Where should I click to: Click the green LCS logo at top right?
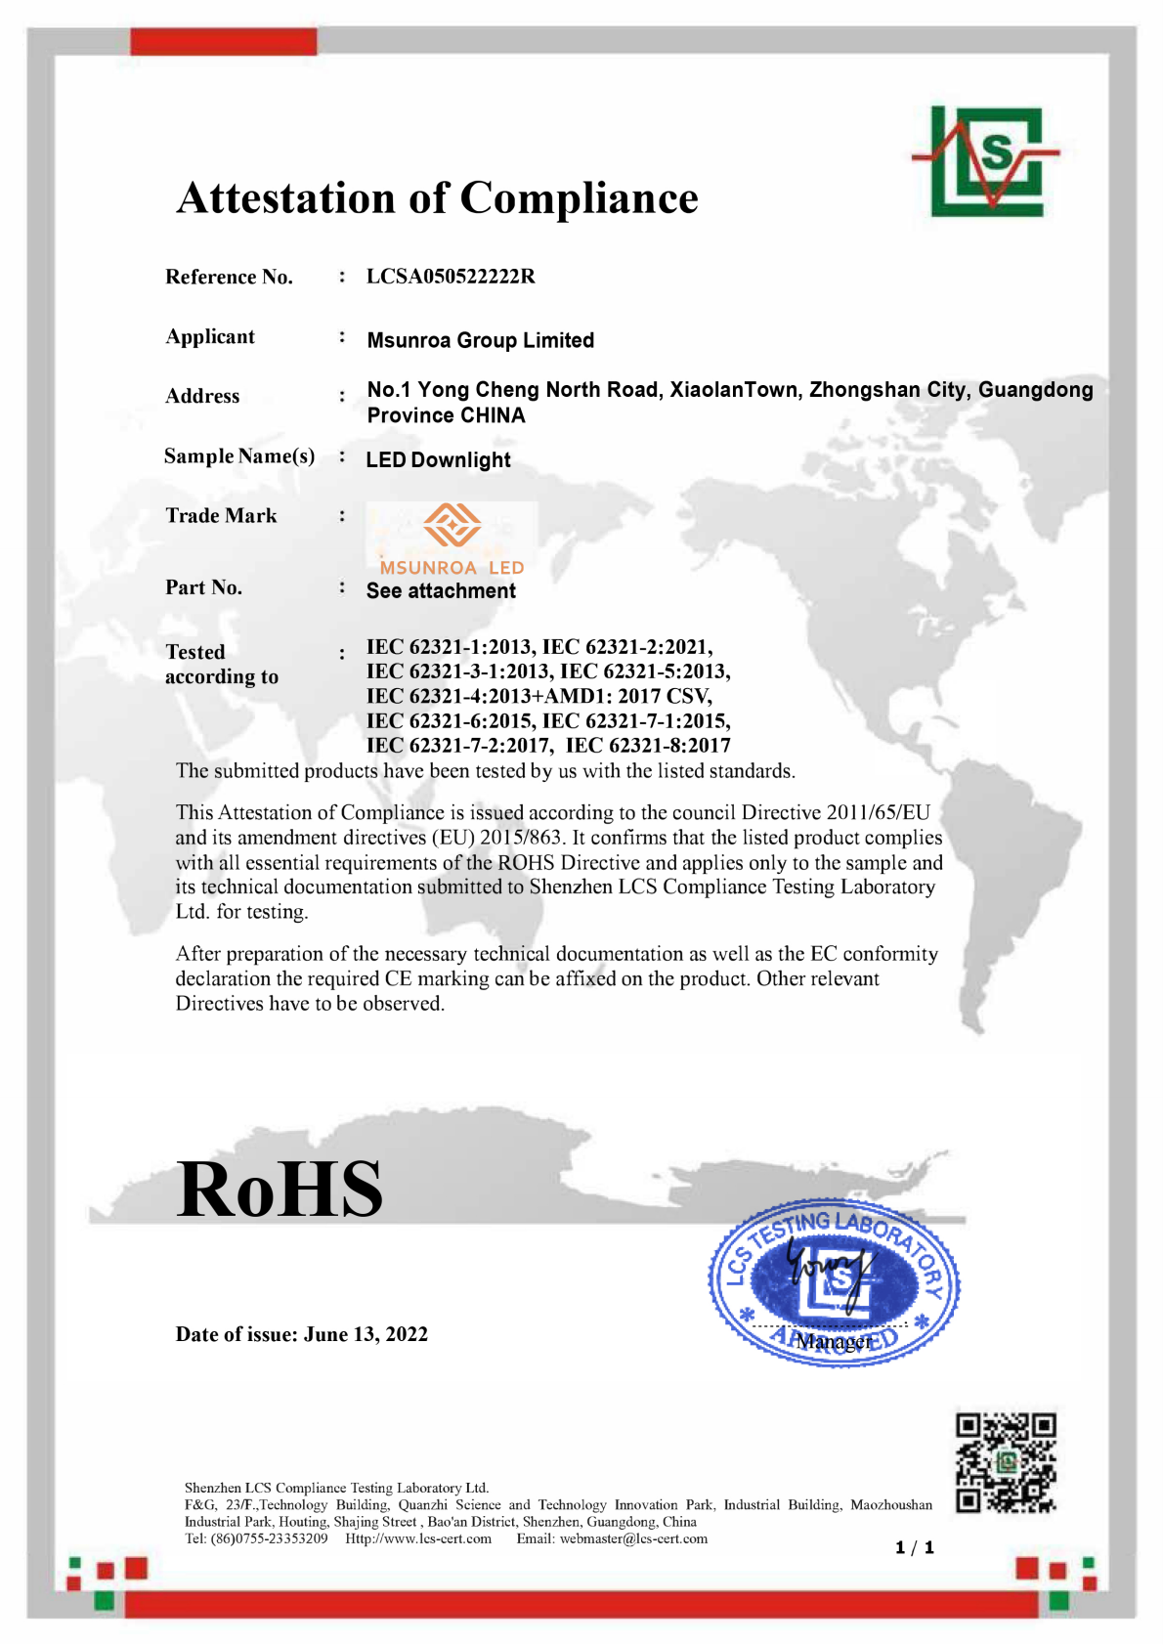(986, 160)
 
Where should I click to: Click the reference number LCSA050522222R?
(451, 277)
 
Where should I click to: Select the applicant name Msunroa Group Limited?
(480, 340)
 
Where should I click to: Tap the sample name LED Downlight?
(438, 459)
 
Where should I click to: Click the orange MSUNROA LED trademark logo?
(452, 539)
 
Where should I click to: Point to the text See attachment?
(441, 590)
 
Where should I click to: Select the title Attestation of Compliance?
(437, 197)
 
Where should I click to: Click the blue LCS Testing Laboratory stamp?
(834, 1281)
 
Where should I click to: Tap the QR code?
(1006, 1461)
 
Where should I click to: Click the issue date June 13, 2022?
(366, 1334)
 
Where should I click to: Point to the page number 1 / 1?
(915, 1547)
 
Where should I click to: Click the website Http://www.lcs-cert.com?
(418, 1538)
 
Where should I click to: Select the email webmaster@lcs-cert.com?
(633, 1538)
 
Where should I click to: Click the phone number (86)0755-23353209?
(269, 1538)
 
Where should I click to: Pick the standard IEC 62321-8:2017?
(648, 746)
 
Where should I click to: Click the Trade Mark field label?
(221, 515)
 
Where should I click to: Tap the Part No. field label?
(203, 586)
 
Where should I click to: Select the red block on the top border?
(224, 41)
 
